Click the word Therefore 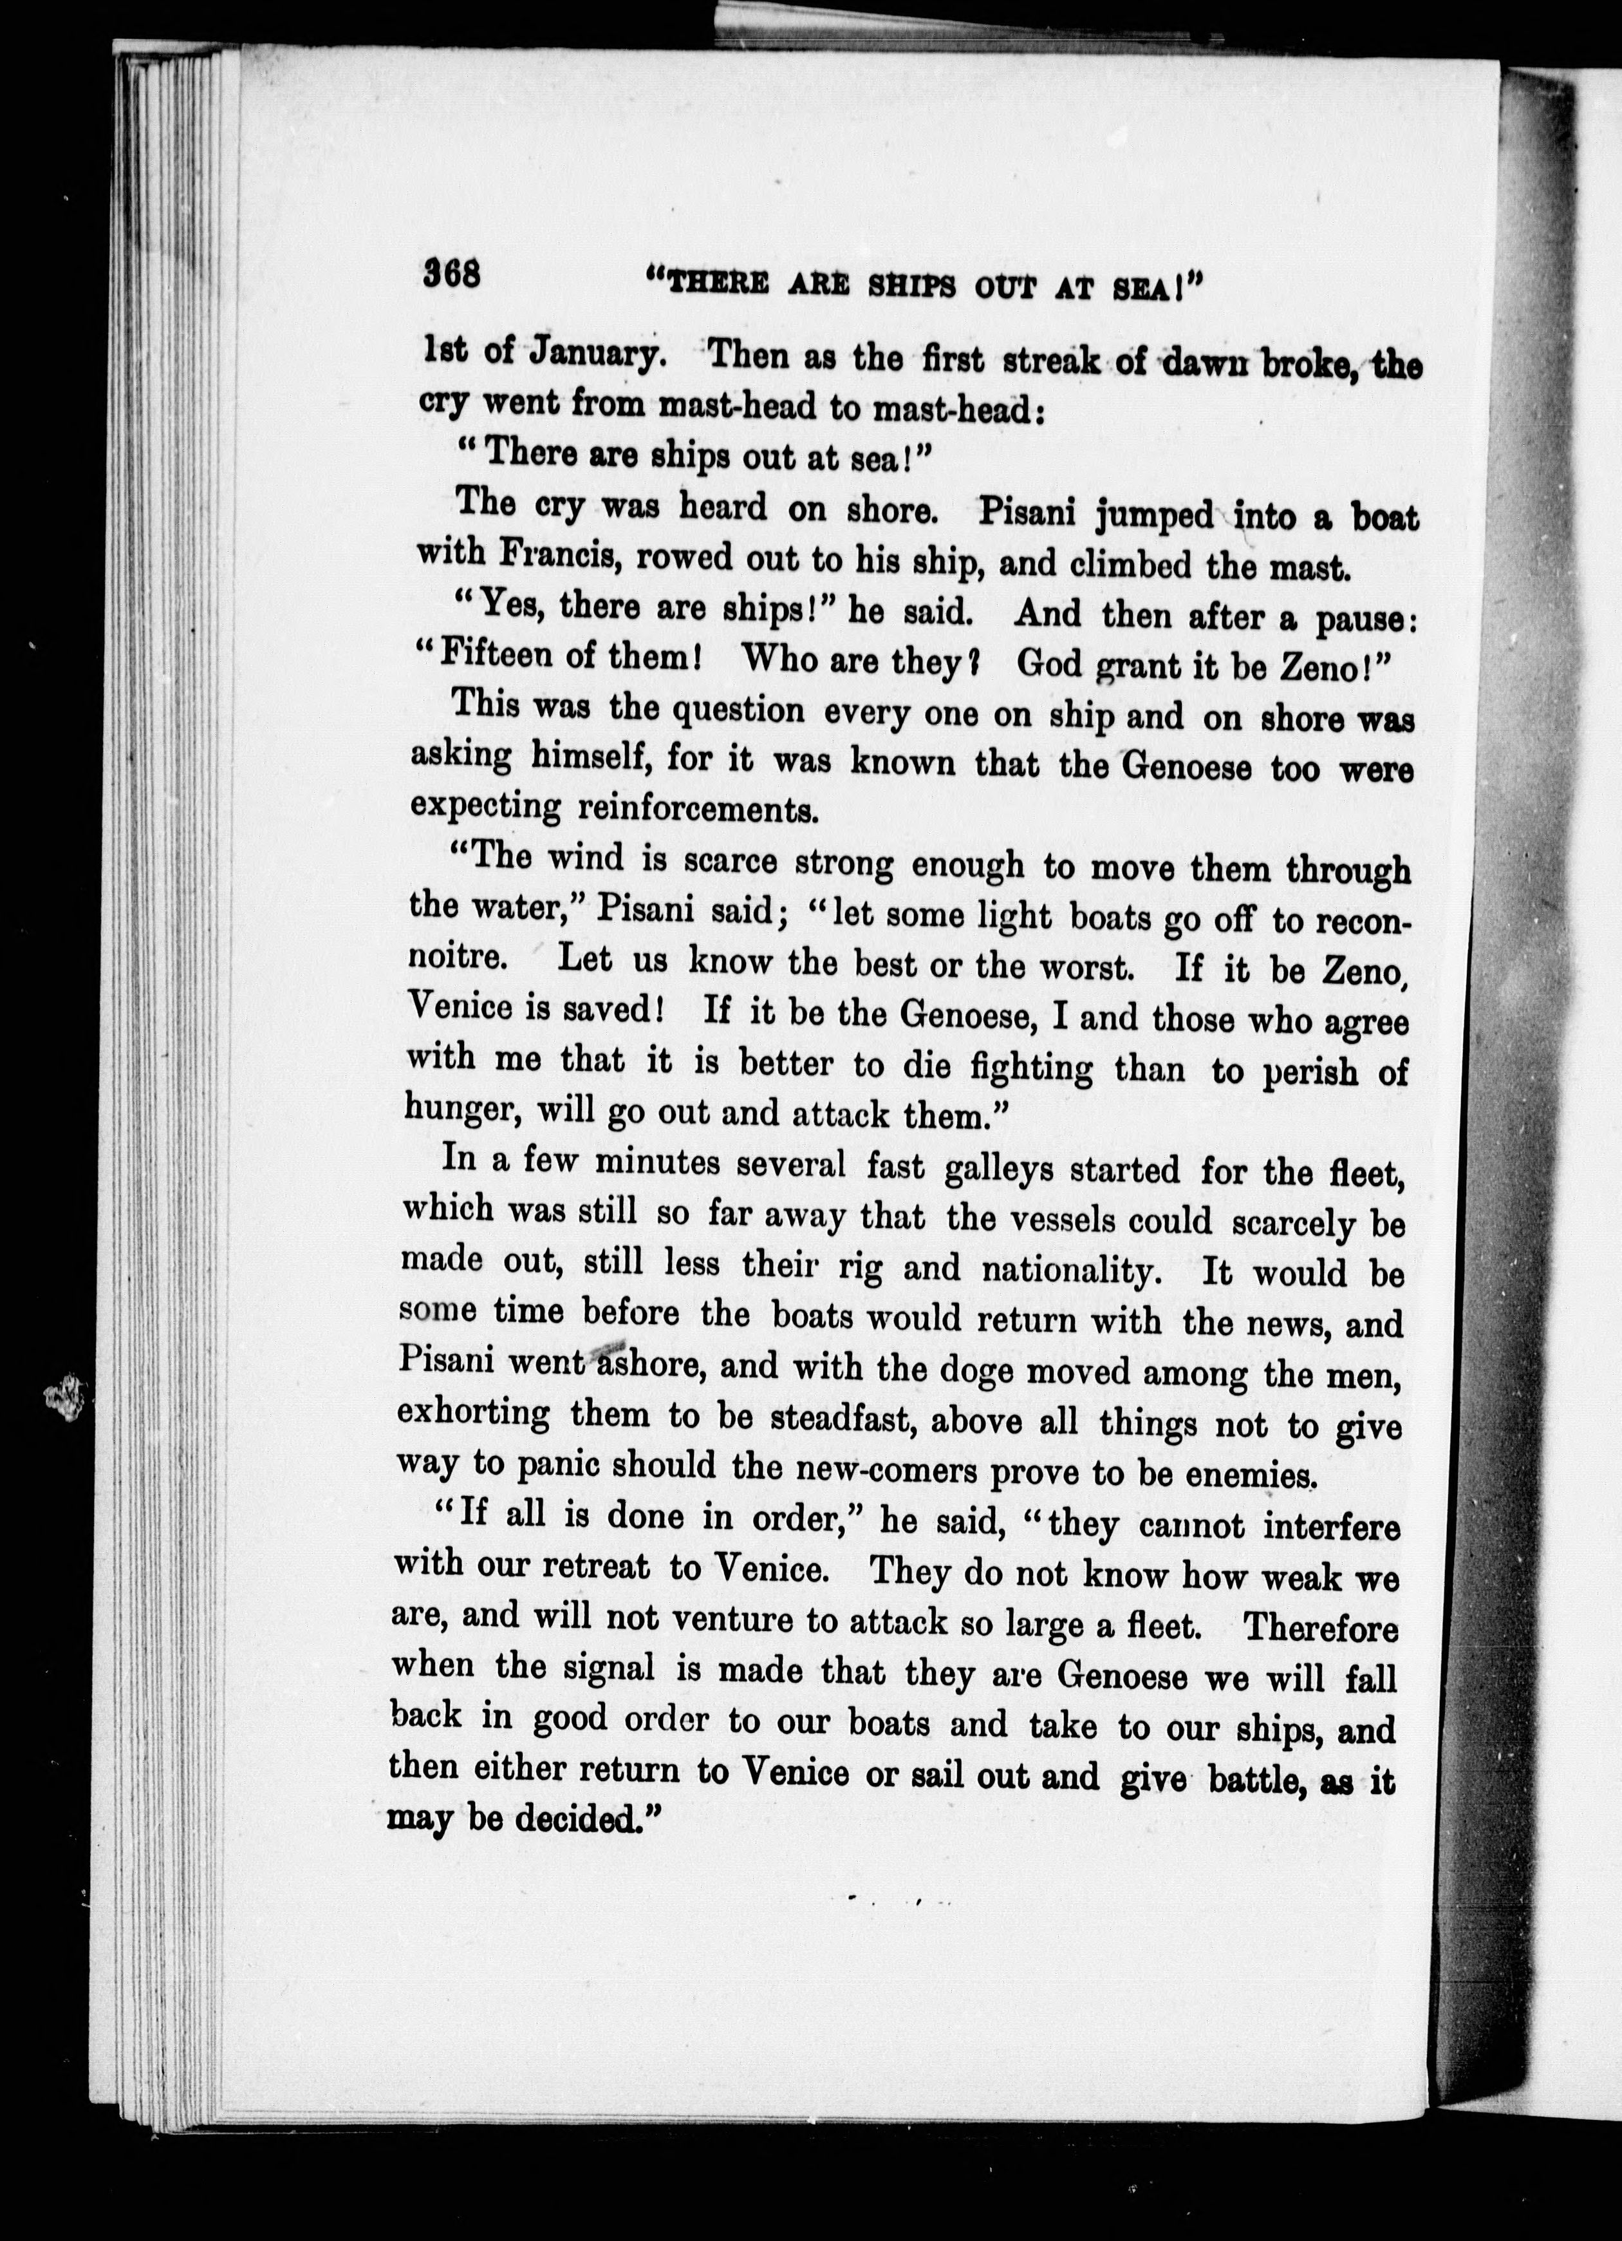click(1319, 1627)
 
